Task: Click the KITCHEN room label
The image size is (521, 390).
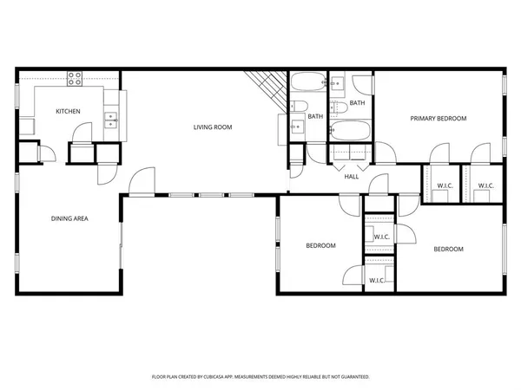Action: pos(69,112)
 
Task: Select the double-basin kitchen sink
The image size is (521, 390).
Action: pos(110,120)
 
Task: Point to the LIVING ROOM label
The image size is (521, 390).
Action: pos(212,127)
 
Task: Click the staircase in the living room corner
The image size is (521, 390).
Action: pos(265,88)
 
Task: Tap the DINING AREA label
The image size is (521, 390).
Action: pos(69,218)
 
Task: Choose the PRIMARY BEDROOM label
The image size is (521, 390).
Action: pos(439,119)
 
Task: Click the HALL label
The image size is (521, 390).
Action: pos(352,177)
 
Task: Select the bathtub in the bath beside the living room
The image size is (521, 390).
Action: pos(306,85)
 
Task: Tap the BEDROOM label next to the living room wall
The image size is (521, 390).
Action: pos(320,246)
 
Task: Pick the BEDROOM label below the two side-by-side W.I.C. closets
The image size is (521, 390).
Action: pos(448,250)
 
